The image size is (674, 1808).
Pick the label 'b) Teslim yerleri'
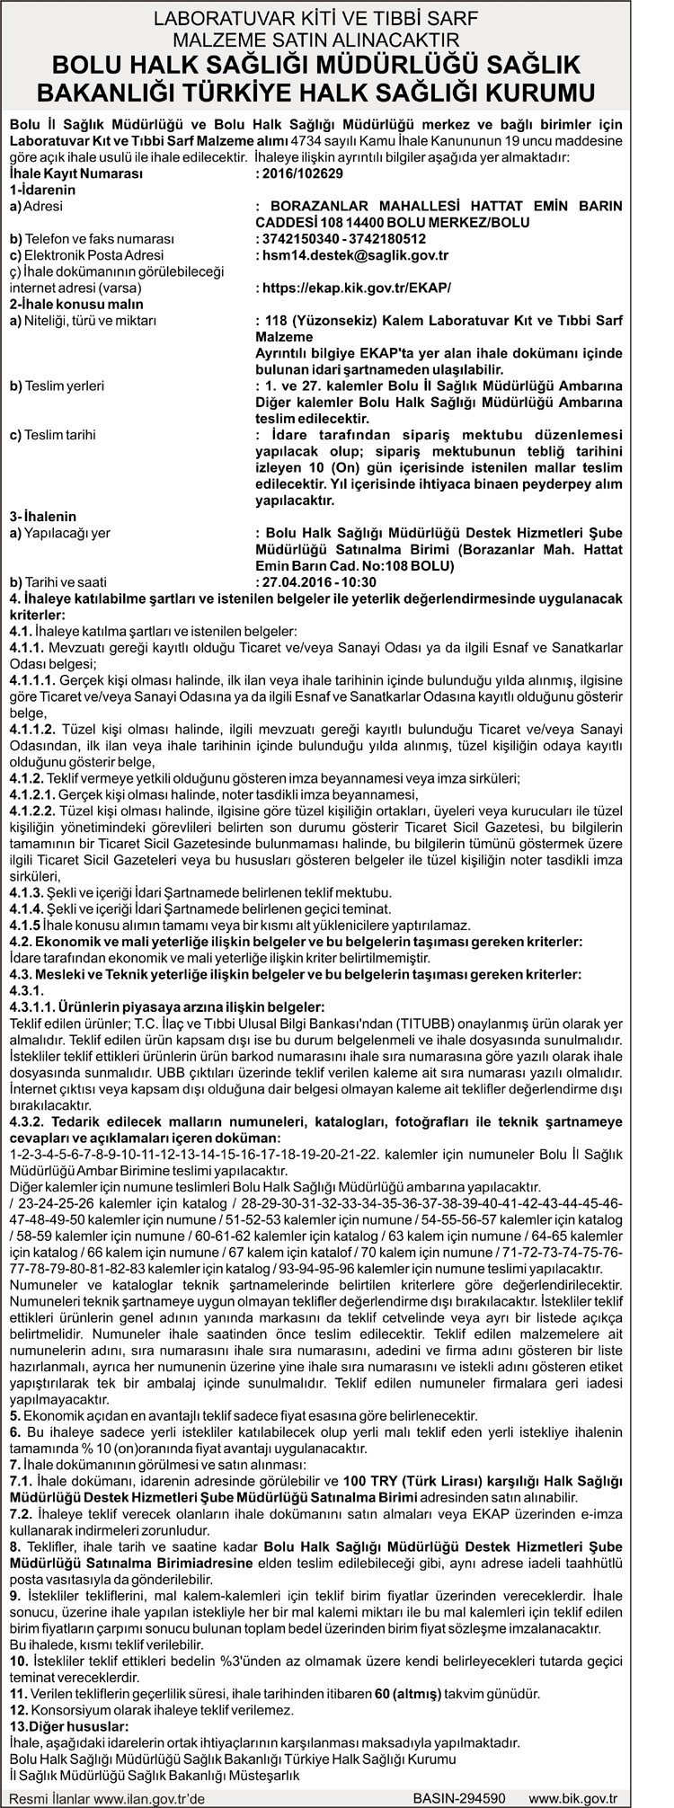(56, 386)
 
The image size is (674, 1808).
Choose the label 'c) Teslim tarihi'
(52, 435)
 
